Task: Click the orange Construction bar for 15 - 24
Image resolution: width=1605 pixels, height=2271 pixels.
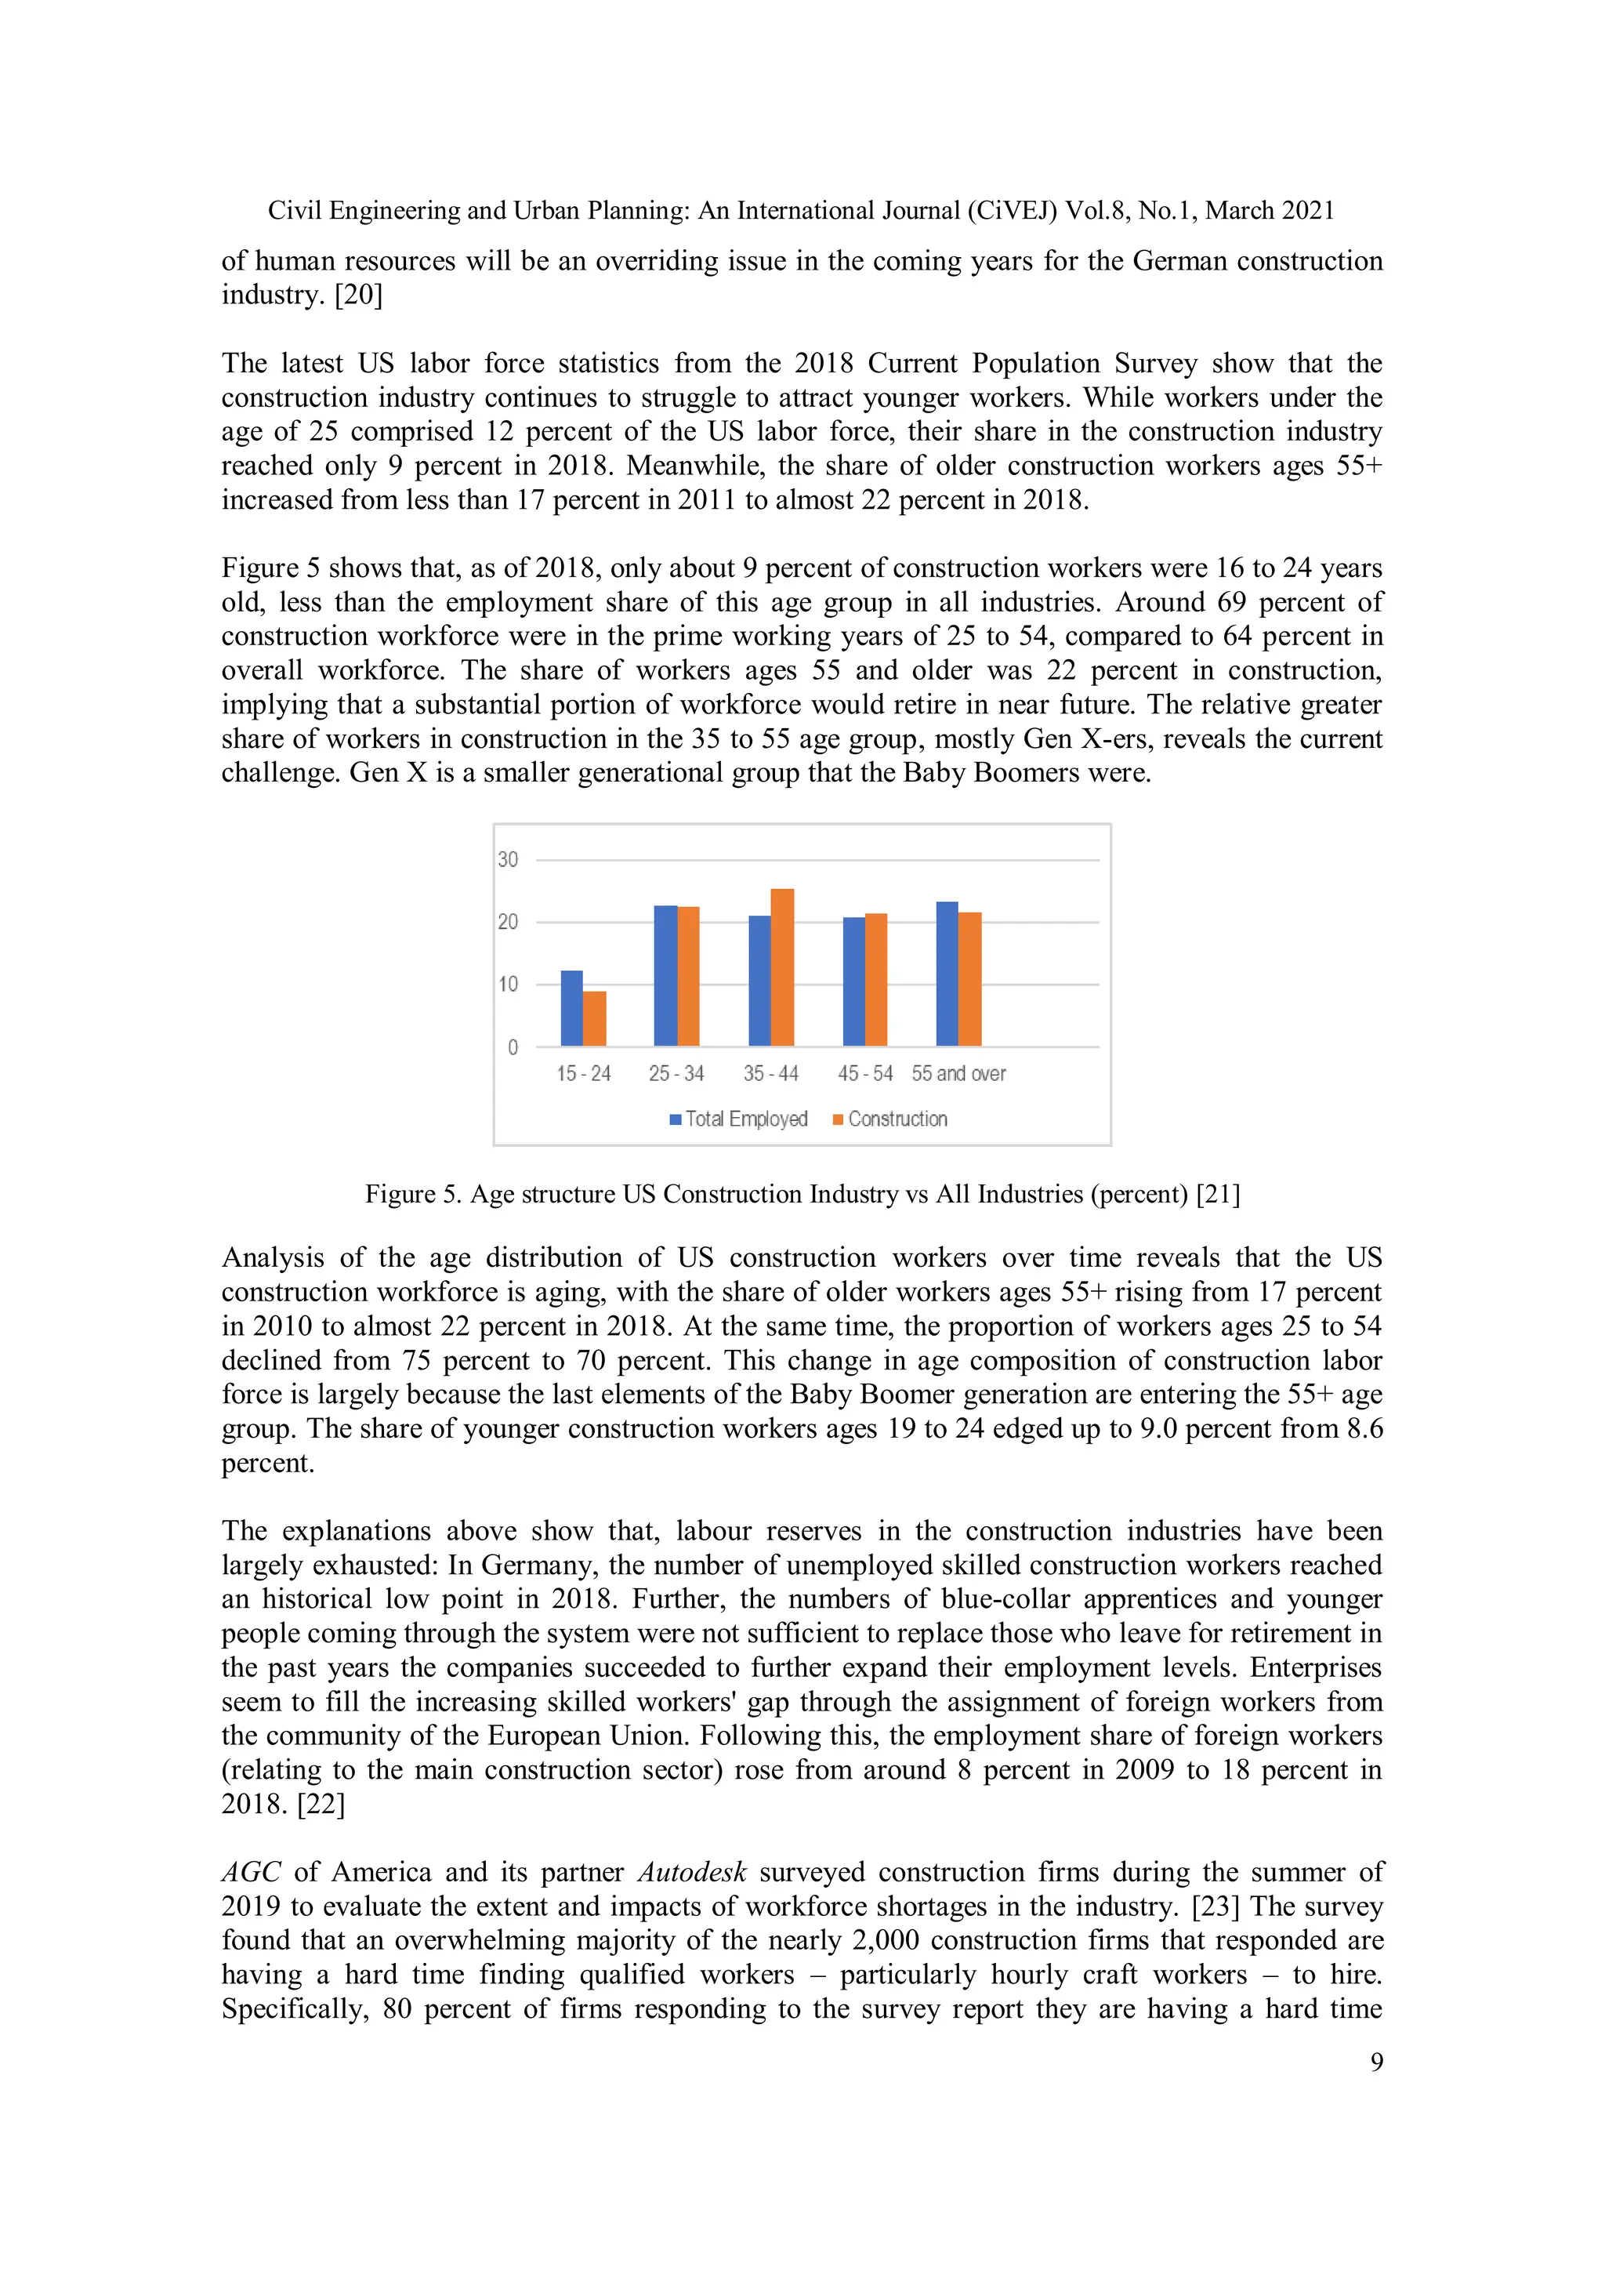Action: click(x=593, y=1019)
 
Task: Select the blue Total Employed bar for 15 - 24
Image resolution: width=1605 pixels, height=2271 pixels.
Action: click(x=571, y=1008)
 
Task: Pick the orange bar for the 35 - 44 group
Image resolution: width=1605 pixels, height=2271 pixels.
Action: click(x=782, y=967)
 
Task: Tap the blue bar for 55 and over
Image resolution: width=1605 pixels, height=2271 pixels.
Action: click(x=947, y=974)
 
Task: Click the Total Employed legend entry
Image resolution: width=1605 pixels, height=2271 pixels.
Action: click(x=739, y=1119)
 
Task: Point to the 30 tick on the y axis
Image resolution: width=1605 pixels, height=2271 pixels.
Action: click(x=507, y=859)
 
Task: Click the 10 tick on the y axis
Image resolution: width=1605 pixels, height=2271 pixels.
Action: click(x=507, y=984)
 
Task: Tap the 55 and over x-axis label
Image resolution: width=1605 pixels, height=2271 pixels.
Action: click(x=958, y=1073)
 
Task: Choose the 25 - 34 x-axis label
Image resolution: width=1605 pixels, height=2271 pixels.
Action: click(x=676, y=1073)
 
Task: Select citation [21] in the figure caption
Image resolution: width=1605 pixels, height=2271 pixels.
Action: click(x=1217, y=1194)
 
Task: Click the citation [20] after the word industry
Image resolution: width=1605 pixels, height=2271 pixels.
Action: click(x=358, y=295)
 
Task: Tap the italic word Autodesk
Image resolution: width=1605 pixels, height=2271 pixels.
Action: click(x=691, y=1873)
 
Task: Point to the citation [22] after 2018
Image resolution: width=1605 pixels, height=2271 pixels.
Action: click(x=321, y=1804)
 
